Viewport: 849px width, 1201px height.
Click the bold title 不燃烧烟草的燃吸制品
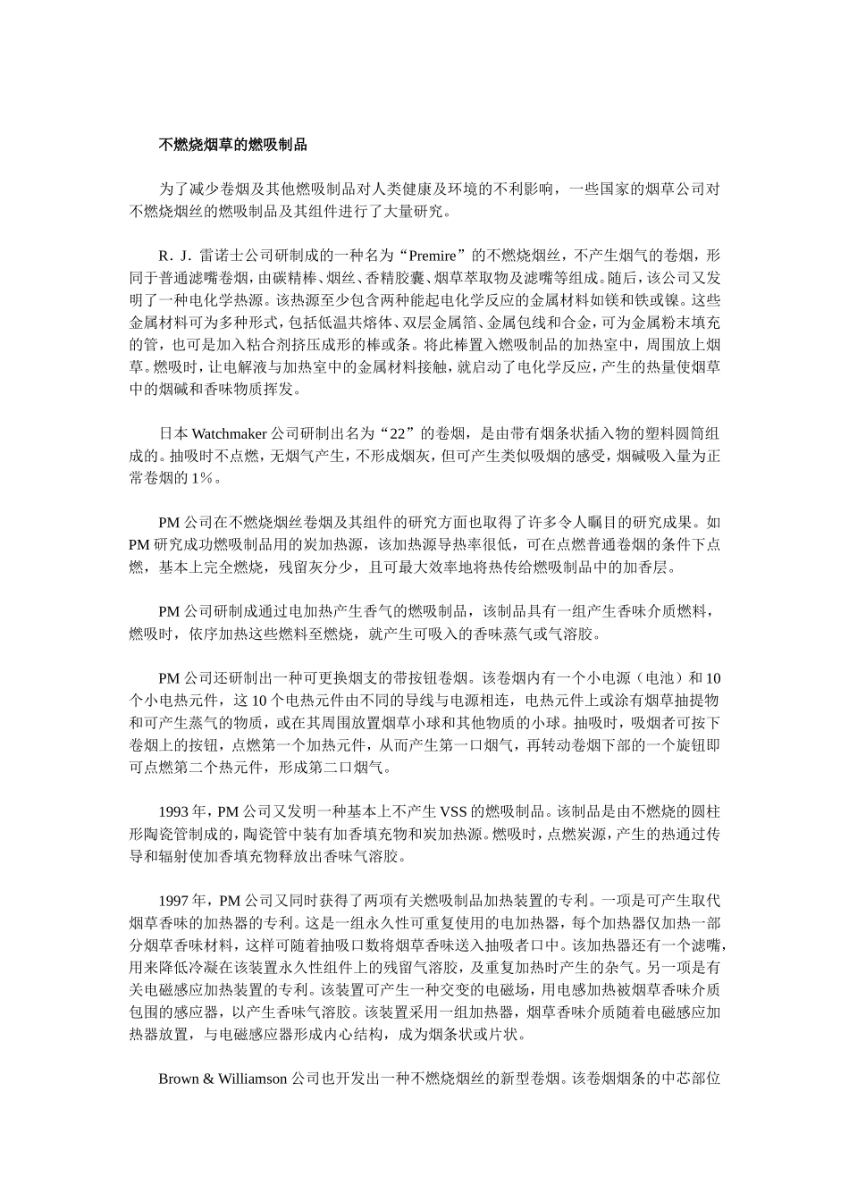coord(233,144)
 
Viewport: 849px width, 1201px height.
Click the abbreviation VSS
coord(457,812)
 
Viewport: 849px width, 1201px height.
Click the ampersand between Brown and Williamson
coord(209,1079)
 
